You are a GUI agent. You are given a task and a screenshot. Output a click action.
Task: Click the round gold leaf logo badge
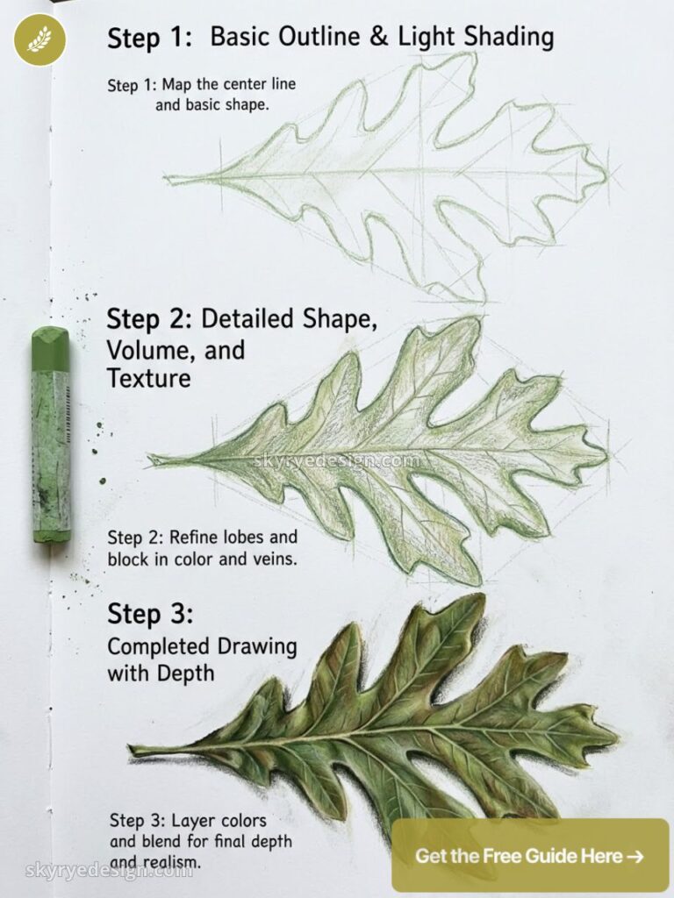pyautogui.click(x=40, y=39)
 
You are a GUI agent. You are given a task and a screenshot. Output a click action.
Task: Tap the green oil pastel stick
pyautogui.click(x=51, y=435)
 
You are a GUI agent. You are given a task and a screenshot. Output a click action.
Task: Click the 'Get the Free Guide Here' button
pyautogui.click(x=530, y=856)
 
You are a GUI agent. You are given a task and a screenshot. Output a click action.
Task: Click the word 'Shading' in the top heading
pyautogui.click(x=508, y=39)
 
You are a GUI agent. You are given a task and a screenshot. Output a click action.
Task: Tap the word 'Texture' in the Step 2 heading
pyautogui.click(x=148, y=378)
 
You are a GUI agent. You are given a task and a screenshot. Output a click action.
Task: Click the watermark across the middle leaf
pyautogui.click(x=337, y=460)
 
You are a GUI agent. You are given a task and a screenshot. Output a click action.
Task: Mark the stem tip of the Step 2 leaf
pyautogui.click(x=149, y=457)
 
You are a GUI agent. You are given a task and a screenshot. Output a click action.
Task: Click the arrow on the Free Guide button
pyautogui.click(x=635, y=856)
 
